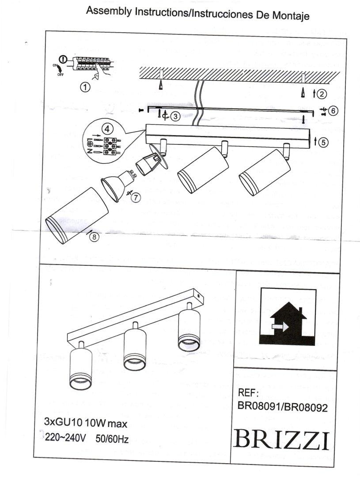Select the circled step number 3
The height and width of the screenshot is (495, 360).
coord(175,116)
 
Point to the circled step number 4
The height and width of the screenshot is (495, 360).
coord(106,128)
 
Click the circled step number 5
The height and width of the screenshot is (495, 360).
coord(324,142)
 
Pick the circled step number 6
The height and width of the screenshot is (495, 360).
coord(333,110)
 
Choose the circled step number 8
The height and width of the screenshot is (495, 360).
coord(94,237)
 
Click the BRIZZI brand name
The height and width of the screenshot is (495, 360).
coord(283,438)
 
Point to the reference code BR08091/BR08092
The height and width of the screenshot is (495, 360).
coord(282,408)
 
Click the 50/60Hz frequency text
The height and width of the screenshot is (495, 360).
coord(112,439)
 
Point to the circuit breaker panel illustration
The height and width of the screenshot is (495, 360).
coord(93,64)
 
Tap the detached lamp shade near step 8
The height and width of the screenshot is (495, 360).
coord(77,214)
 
